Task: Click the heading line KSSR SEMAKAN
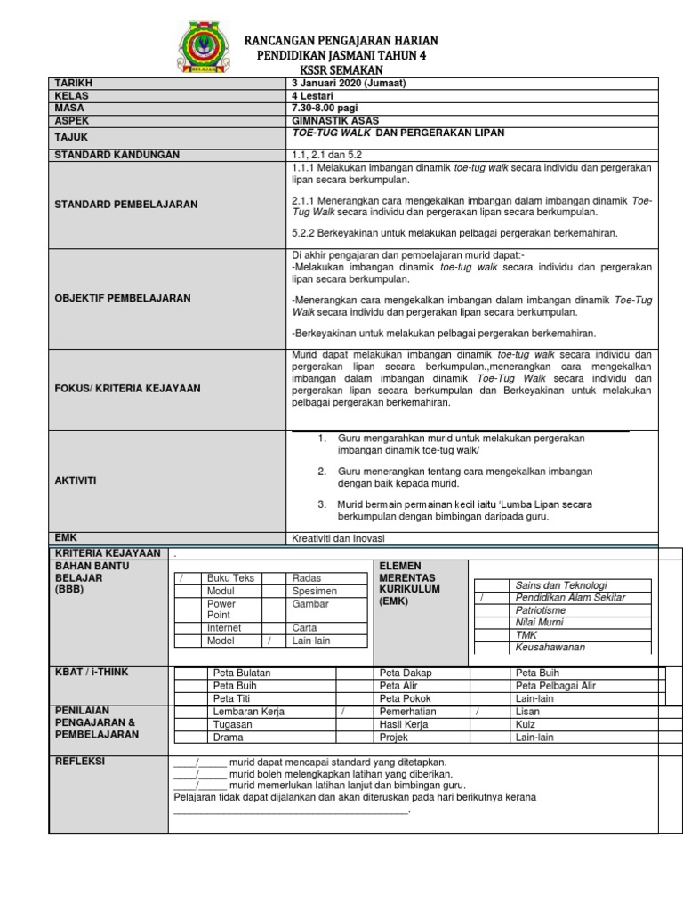[341, 69]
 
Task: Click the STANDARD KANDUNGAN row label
[117, 155]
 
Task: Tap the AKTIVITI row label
[76, 480]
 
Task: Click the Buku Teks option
[230, 578]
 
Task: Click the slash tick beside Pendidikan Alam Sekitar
[481, 598]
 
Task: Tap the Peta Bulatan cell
[241, 673]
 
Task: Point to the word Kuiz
[526, 724]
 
